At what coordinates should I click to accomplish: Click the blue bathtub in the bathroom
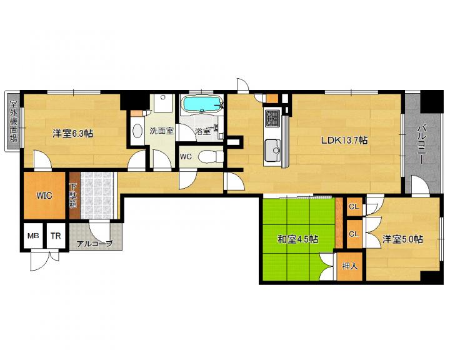pyautogui.click(x=202, y=104)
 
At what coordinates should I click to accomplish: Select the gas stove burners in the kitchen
pyautogui.click(x=272, y=118)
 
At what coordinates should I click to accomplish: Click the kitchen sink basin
pyautogui.click(x=272, y=150)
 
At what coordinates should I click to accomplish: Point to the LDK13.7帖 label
pyautogui.click(x=344, y=141)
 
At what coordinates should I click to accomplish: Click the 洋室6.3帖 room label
pyautogui.click(x=72, y=133)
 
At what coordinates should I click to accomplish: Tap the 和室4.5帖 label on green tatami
pyautogui.click(x=297, y=239)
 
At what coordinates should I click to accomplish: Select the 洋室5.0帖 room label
pyautogui.click(x=402, y=239)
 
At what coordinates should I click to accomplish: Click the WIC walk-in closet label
pyautogui.click(x=44, y=196)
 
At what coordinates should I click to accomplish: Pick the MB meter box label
pyautogui.click(x=33, y=236)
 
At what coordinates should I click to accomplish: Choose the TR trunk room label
pyautogui.click(x=56, y=236)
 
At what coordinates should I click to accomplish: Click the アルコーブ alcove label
pyautogui.click(x=94, y=244)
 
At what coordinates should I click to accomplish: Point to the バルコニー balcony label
pyautogui.click(x=421, y=144)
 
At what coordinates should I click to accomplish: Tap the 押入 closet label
pyautogui.click(x=350, y=266)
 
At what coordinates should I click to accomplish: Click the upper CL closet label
pyautogui.click(x=354, y=206)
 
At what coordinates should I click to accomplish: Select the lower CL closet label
pyautogui.click(x=354, y=234)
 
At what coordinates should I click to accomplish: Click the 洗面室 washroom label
pyautogui.click(x=162, y=131)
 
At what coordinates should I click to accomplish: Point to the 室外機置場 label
pyautogui.click(x=13, y=121)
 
